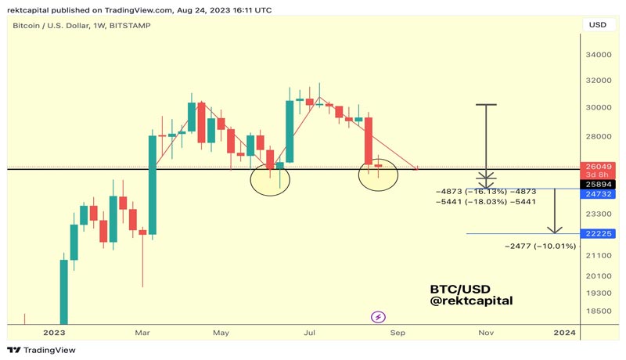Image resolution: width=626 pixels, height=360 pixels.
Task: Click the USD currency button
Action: pos(596,25)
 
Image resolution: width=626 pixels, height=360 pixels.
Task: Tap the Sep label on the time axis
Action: pos(398,333)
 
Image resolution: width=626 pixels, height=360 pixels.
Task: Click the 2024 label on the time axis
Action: pos(563,333)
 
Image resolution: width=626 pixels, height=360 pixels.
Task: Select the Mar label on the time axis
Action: pos(142,333)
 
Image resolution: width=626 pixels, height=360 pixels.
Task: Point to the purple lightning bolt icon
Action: pos(378,317)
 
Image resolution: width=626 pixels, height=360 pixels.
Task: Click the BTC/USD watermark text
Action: pos(460,289)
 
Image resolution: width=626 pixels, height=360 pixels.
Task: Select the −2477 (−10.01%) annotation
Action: pos(540,247)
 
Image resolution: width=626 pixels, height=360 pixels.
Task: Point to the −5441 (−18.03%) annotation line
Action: pos(485,201)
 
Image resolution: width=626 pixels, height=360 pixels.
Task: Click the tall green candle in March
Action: pos(153,185)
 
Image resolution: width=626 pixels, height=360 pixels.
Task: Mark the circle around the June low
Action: pos(270,180)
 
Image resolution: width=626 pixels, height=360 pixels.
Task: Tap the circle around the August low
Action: pos(378,175)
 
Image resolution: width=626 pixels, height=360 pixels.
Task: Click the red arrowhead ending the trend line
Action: pos(419,167)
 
